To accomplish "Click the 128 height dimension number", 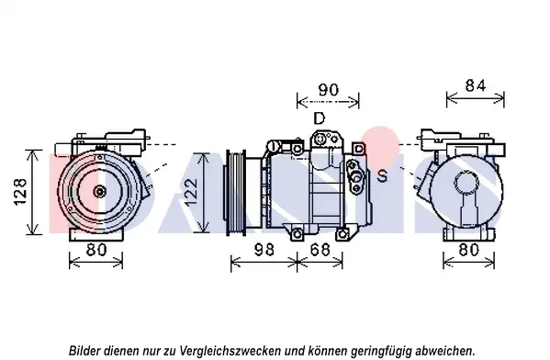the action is (20, 192).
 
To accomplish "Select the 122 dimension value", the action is (191, 192).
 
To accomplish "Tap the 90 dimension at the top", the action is (329, 90).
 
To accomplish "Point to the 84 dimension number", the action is (476, 85).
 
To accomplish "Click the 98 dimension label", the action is (264, 250).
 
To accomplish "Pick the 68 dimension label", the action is (320, 250).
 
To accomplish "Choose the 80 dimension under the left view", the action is (96, 250).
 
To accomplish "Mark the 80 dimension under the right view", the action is (469, 250).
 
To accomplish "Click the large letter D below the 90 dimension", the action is (319, 118).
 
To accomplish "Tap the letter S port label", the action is (382, 175).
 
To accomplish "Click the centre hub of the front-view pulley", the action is (100, 192).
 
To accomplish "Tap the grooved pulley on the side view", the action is (236, 192).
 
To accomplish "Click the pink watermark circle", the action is (380, 146).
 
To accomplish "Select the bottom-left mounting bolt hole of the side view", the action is (297, 233).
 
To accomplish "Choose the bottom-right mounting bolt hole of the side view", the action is (342, 233).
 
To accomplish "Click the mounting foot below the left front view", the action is (96, 234).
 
